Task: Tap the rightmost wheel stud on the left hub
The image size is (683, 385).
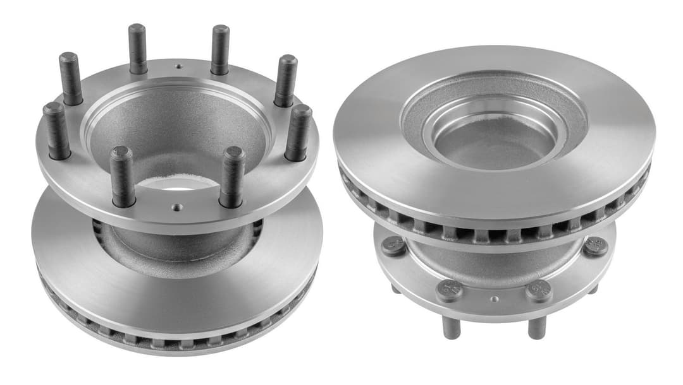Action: [x=298, y=133]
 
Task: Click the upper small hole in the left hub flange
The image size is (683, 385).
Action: [x=179, y=66]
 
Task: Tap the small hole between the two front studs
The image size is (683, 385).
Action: [x=176, y=206]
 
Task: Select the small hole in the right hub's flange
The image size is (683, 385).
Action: [x=495, y=299]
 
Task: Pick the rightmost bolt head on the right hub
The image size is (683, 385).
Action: [x=596, y=247]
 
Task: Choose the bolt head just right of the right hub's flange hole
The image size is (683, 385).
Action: [x=538, y=291]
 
